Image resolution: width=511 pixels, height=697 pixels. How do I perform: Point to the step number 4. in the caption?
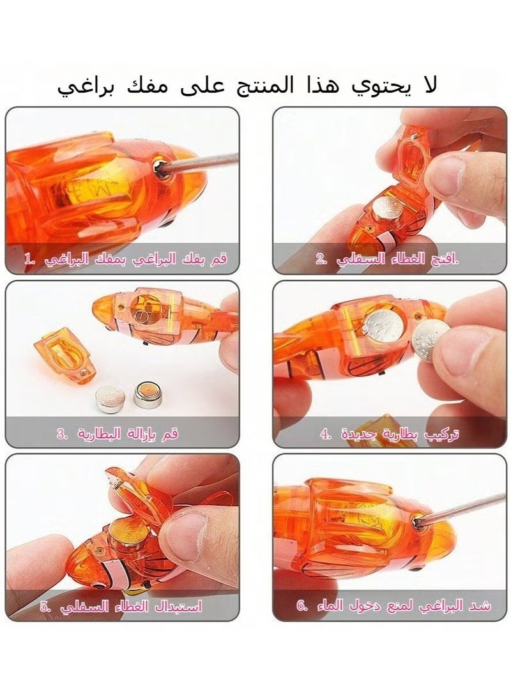(x=326, y=434)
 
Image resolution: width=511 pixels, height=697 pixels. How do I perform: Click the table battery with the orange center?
(x=148, y=395)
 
